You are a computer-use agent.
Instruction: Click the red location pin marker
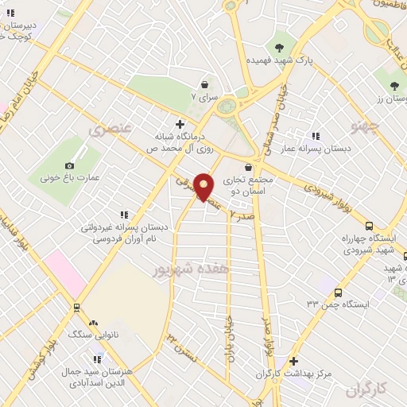click(204, 186)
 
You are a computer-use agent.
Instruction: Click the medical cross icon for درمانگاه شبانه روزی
click(180, 123)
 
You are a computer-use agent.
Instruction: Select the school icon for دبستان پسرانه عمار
click(316, 136)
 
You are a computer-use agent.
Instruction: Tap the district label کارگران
click(370, 389)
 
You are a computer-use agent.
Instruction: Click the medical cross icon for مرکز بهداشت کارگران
click(293, 361)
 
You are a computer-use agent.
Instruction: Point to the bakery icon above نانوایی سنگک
click(95, 324)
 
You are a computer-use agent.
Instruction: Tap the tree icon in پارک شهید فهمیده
click(279, 45)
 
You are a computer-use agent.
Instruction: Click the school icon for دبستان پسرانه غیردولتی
click(123, 215)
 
